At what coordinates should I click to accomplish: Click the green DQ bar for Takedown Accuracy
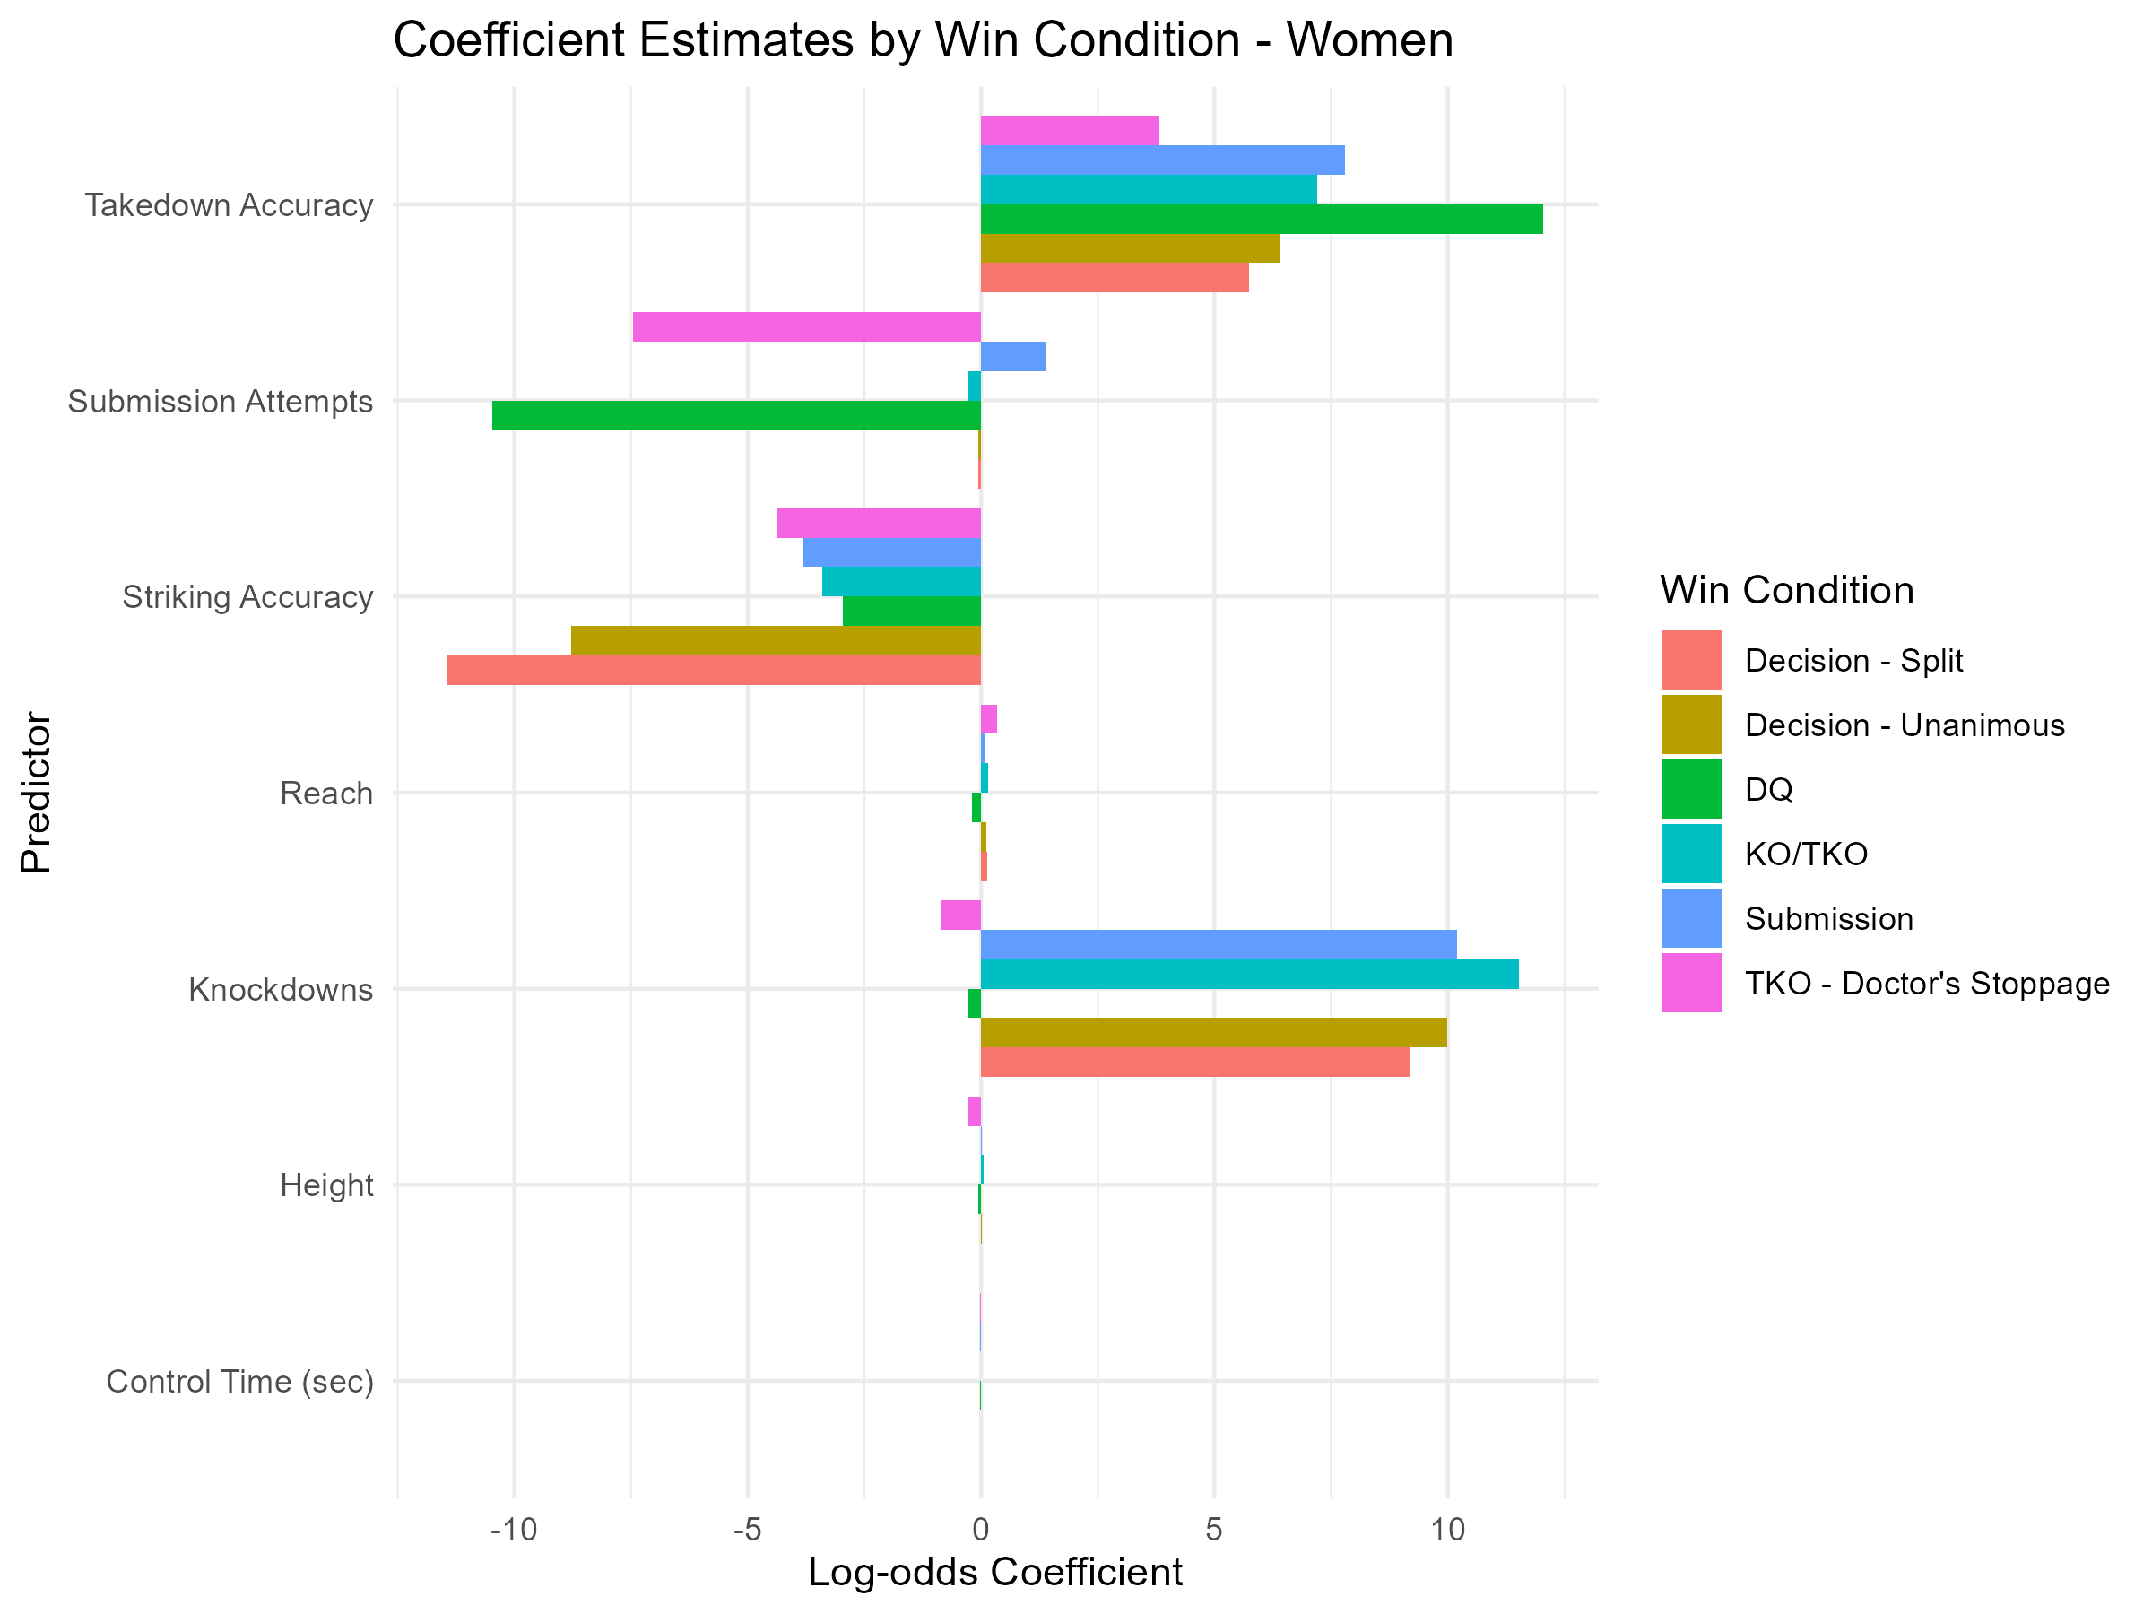pos(1261,219)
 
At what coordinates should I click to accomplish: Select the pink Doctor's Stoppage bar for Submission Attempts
pos(806,327)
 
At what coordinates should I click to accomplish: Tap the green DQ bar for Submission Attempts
pos(736,415)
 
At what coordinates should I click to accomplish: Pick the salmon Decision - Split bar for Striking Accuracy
pos(714,671)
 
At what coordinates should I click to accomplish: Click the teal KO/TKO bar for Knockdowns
pos(1249,974)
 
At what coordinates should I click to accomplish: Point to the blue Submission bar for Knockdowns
pos(1218,945)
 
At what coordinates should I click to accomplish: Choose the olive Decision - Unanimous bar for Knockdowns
pos(1213,1032)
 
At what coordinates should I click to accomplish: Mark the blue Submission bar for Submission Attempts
pos(1012,356)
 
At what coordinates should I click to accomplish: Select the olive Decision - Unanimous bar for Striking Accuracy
pos(776,641)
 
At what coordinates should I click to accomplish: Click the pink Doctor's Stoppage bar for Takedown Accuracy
pos(1069,130)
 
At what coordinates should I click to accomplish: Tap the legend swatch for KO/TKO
pos(1691,854)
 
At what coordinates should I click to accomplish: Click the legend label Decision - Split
pos(1853,661)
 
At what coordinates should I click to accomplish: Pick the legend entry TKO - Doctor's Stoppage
pos(1926,984)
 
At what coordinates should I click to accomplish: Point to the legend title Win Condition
pos(1786,591)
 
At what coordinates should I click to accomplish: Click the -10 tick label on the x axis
pos(513,1530)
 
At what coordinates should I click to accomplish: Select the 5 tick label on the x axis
pos(1213,1530)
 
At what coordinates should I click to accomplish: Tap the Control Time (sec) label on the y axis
pos(239,1382)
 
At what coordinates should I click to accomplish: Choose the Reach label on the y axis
pos(325,793)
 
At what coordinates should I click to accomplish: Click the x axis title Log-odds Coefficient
pos(995,1572)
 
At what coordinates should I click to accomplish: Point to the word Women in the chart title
pos(1369,41)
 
